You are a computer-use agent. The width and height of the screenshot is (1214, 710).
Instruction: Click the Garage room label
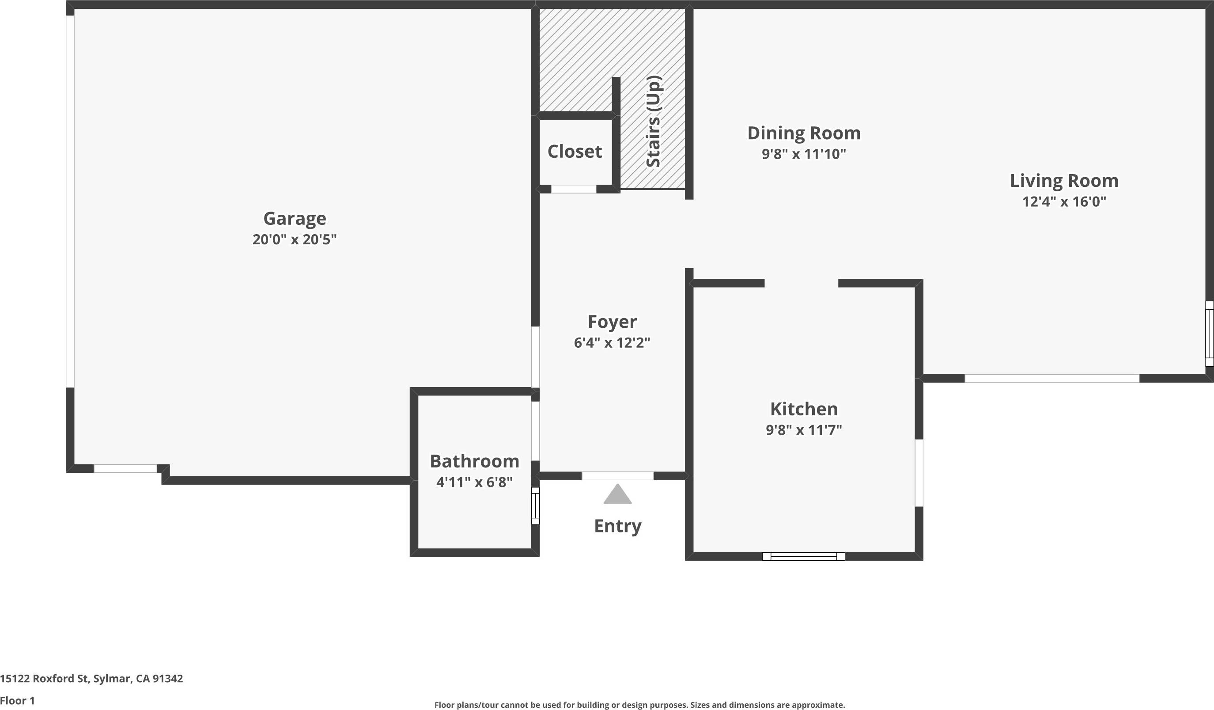tap(295, 218)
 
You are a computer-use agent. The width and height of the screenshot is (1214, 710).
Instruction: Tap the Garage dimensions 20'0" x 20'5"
tap(295, 239)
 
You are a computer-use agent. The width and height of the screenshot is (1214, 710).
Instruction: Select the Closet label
tap(574, 152)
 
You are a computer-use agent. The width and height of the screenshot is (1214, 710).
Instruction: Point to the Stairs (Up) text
tap(653, 121)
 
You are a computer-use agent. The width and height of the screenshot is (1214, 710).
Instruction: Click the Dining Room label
tap(804, 133)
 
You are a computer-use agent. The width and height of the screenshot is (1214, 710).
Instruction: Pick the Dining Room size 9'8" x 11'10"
tap(804, 154)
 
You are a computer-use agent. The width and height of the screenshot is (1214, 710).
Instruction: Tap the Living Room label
tap(1064, 181)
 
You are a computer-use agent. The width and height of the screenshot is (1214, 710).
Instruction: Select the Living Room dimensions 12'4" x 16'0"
tap(1064, 201)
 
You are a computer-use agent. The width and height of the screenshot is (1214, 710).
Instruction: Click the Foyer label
tap(612, 322)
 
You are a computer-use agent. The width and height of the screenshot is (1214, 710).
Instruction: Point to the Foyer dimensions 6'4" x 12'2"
tap(612, 343)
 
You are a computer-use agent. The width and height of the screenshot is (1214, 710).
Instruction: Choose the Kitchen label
tap(804, 409)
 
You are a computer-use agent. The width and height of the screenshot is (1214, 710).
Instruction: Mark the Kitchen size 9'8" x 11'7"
tap(804, 430)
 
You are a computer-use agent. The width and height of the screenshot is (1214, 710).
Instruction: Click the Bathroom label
tap(475, 461)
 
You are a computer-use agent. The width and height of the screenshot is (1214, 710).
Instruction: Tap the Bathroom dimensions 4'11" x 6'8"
tap(475, 482)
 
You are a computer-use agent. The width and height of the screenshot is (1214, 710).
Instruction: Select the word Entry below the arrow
tap(617, 526)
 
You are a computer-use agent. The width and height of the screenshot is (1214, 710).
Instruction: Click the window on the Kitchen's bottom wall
tap(804, 557)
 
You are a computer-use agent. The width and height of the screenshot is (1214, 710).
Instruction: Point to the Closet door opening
tap(573, 189)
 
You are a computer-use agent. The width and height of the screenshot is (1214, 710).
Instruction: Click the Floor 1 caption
tap(17, 701)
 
